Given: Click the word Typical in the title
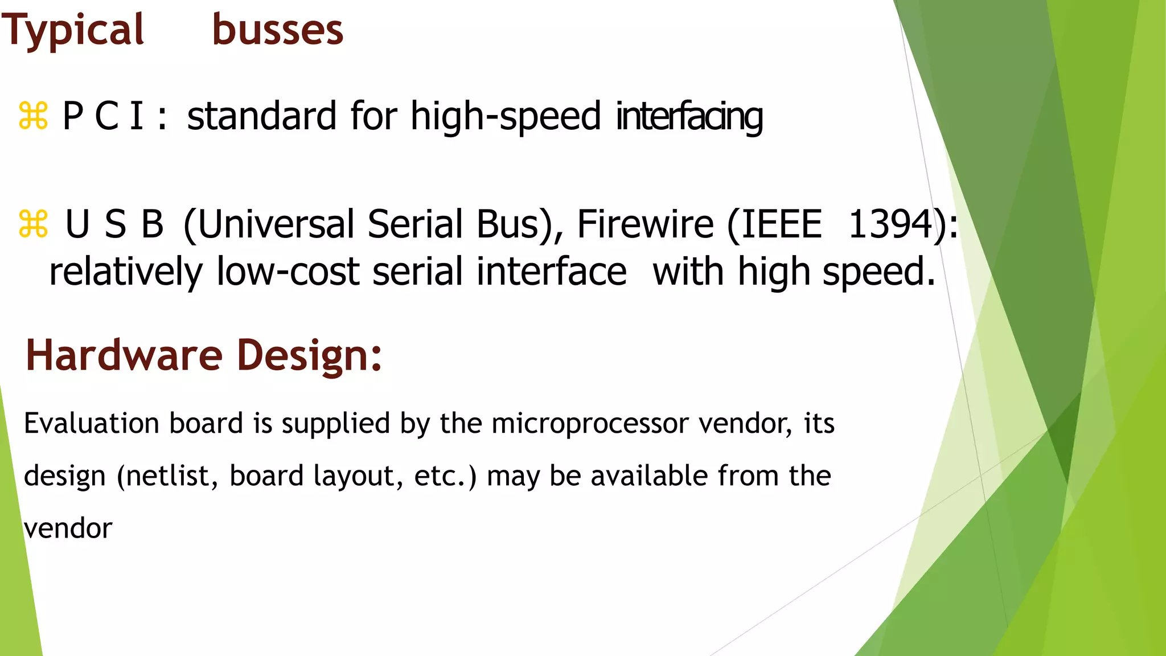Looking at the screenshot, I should (x=73, y=31).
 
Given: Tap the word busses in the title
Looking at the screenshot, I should (x=277, y=30).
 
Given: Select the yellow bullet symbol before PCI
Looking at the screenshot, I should (x=33, y=116).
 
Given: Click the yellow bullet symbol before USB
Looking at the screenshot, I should (x=33, y=224).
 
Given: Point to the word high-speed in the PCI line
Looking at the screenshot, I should (x=506, y=117).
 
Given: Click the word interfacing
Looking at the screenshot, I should (x=689, y=117).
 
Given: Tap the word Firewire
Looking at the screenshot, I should (x=645, y=224).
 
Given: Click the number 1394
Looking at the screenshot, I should (x=890, y=224).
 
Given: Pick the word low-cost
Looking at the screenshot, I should (x=288, y=272).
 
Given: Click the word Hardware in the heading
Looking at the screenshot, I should (x=124, y=355).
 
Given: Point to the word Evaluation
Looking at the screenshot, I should (x=92, y=424).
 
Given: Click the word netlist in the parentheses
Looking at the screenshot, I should (x=171, y=476).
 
